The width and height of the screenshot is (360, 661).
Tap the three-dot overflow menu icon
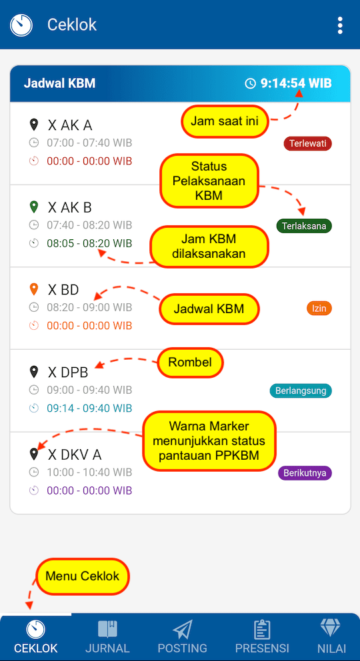point(340,25)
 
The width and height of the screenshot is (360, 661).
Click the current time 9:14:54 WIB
point(296,83)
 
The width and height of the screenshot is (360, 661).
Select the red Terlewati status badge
point(308,144)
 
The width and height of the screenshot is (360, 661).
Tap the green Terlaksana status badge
point(304,226)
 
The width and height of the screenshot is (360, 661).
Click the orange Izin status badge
point(319,308)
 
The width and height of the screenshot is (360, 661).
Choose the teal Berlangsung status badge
point(301,390)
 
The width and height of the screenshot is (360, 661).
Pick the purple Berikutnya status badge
point(305,473)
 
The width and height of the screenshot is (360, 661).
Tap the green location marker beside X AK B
point(34,207)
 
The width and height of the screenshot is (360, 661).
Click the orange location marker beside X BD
point(34,289)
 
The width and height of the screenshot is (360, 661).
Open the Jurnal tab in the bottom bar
point(107,636)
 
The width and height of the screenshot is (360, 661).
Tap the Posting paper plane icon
point(182,630)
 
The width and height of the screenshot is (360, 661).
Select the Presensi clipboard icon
point(262,630)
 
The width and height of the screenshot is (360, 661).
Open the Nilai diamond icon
point(330,628)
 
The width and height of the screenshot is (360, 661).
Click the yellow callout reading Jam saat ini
point(225,121)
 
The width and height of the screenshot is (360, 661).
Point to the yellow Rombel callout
point(190,362)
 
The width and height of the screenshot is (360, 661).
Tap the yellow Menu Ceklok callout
point(83,576)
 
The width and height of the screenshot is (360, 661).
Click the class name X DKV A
point(75,454)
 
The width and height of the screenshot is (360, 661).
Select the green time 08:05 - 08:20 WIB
point(89,243)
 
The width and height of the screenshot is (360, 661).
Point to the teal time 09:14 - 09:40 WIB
point(89,408)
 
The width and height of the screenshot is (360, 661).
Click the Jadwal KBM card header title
point(59,83)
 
